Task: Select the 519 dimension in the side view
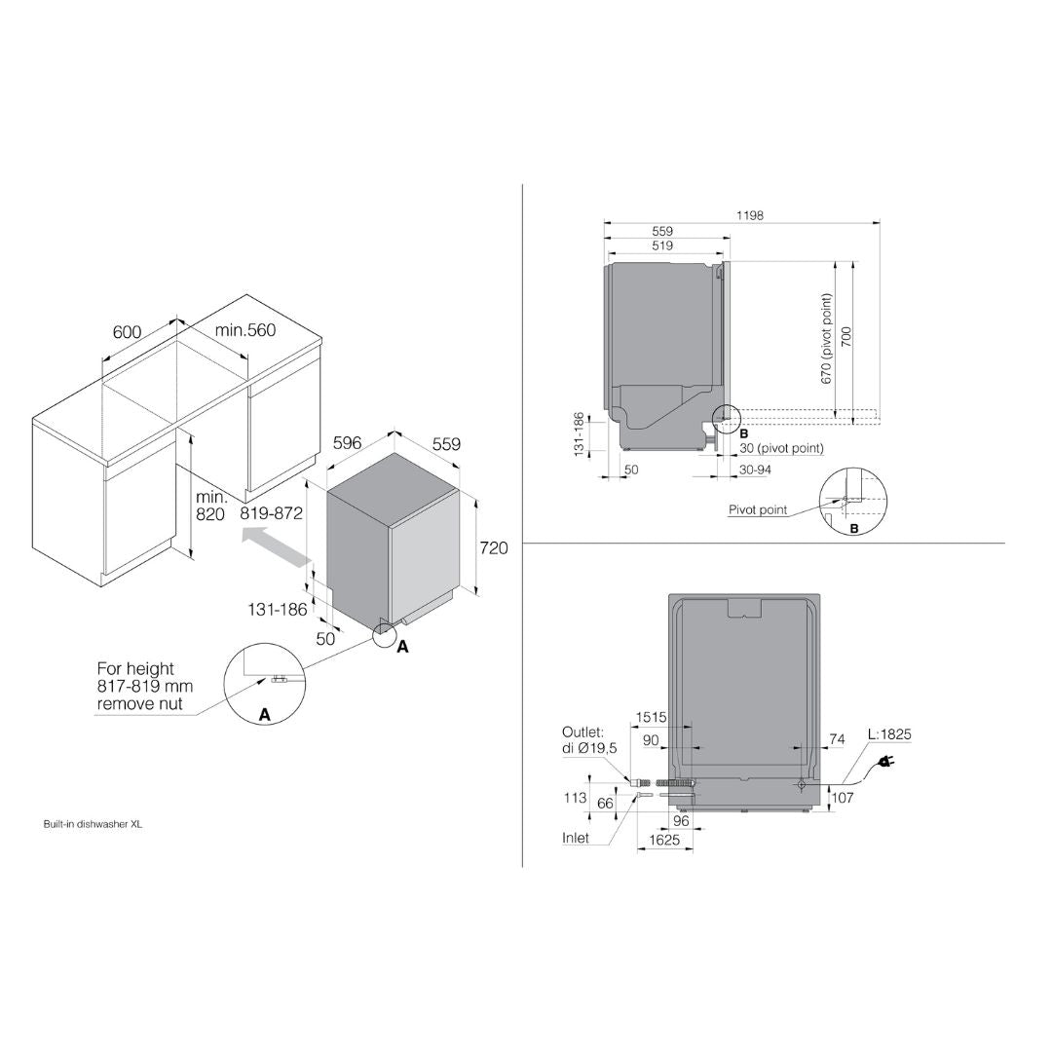(662, 247)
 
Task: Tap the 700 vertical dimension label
(846, 337)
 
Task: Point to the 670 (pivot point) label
(827, 338)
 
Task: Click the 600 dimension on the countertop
(127, 332)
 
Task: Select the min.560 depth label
(245, 330)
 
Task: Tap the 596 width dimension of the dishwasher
(347, 442)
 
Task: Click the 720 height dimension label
(494, 548)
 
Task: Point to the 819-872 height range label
(272, 513)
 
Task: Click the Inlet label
(576, 838)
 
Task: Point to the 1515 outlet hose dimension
(651, 718)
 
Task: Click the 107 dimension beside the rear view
(843, 798)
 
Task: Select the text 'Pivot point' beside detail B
(757, 509)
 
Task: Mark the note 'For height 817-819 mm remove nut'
(144, 686)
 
